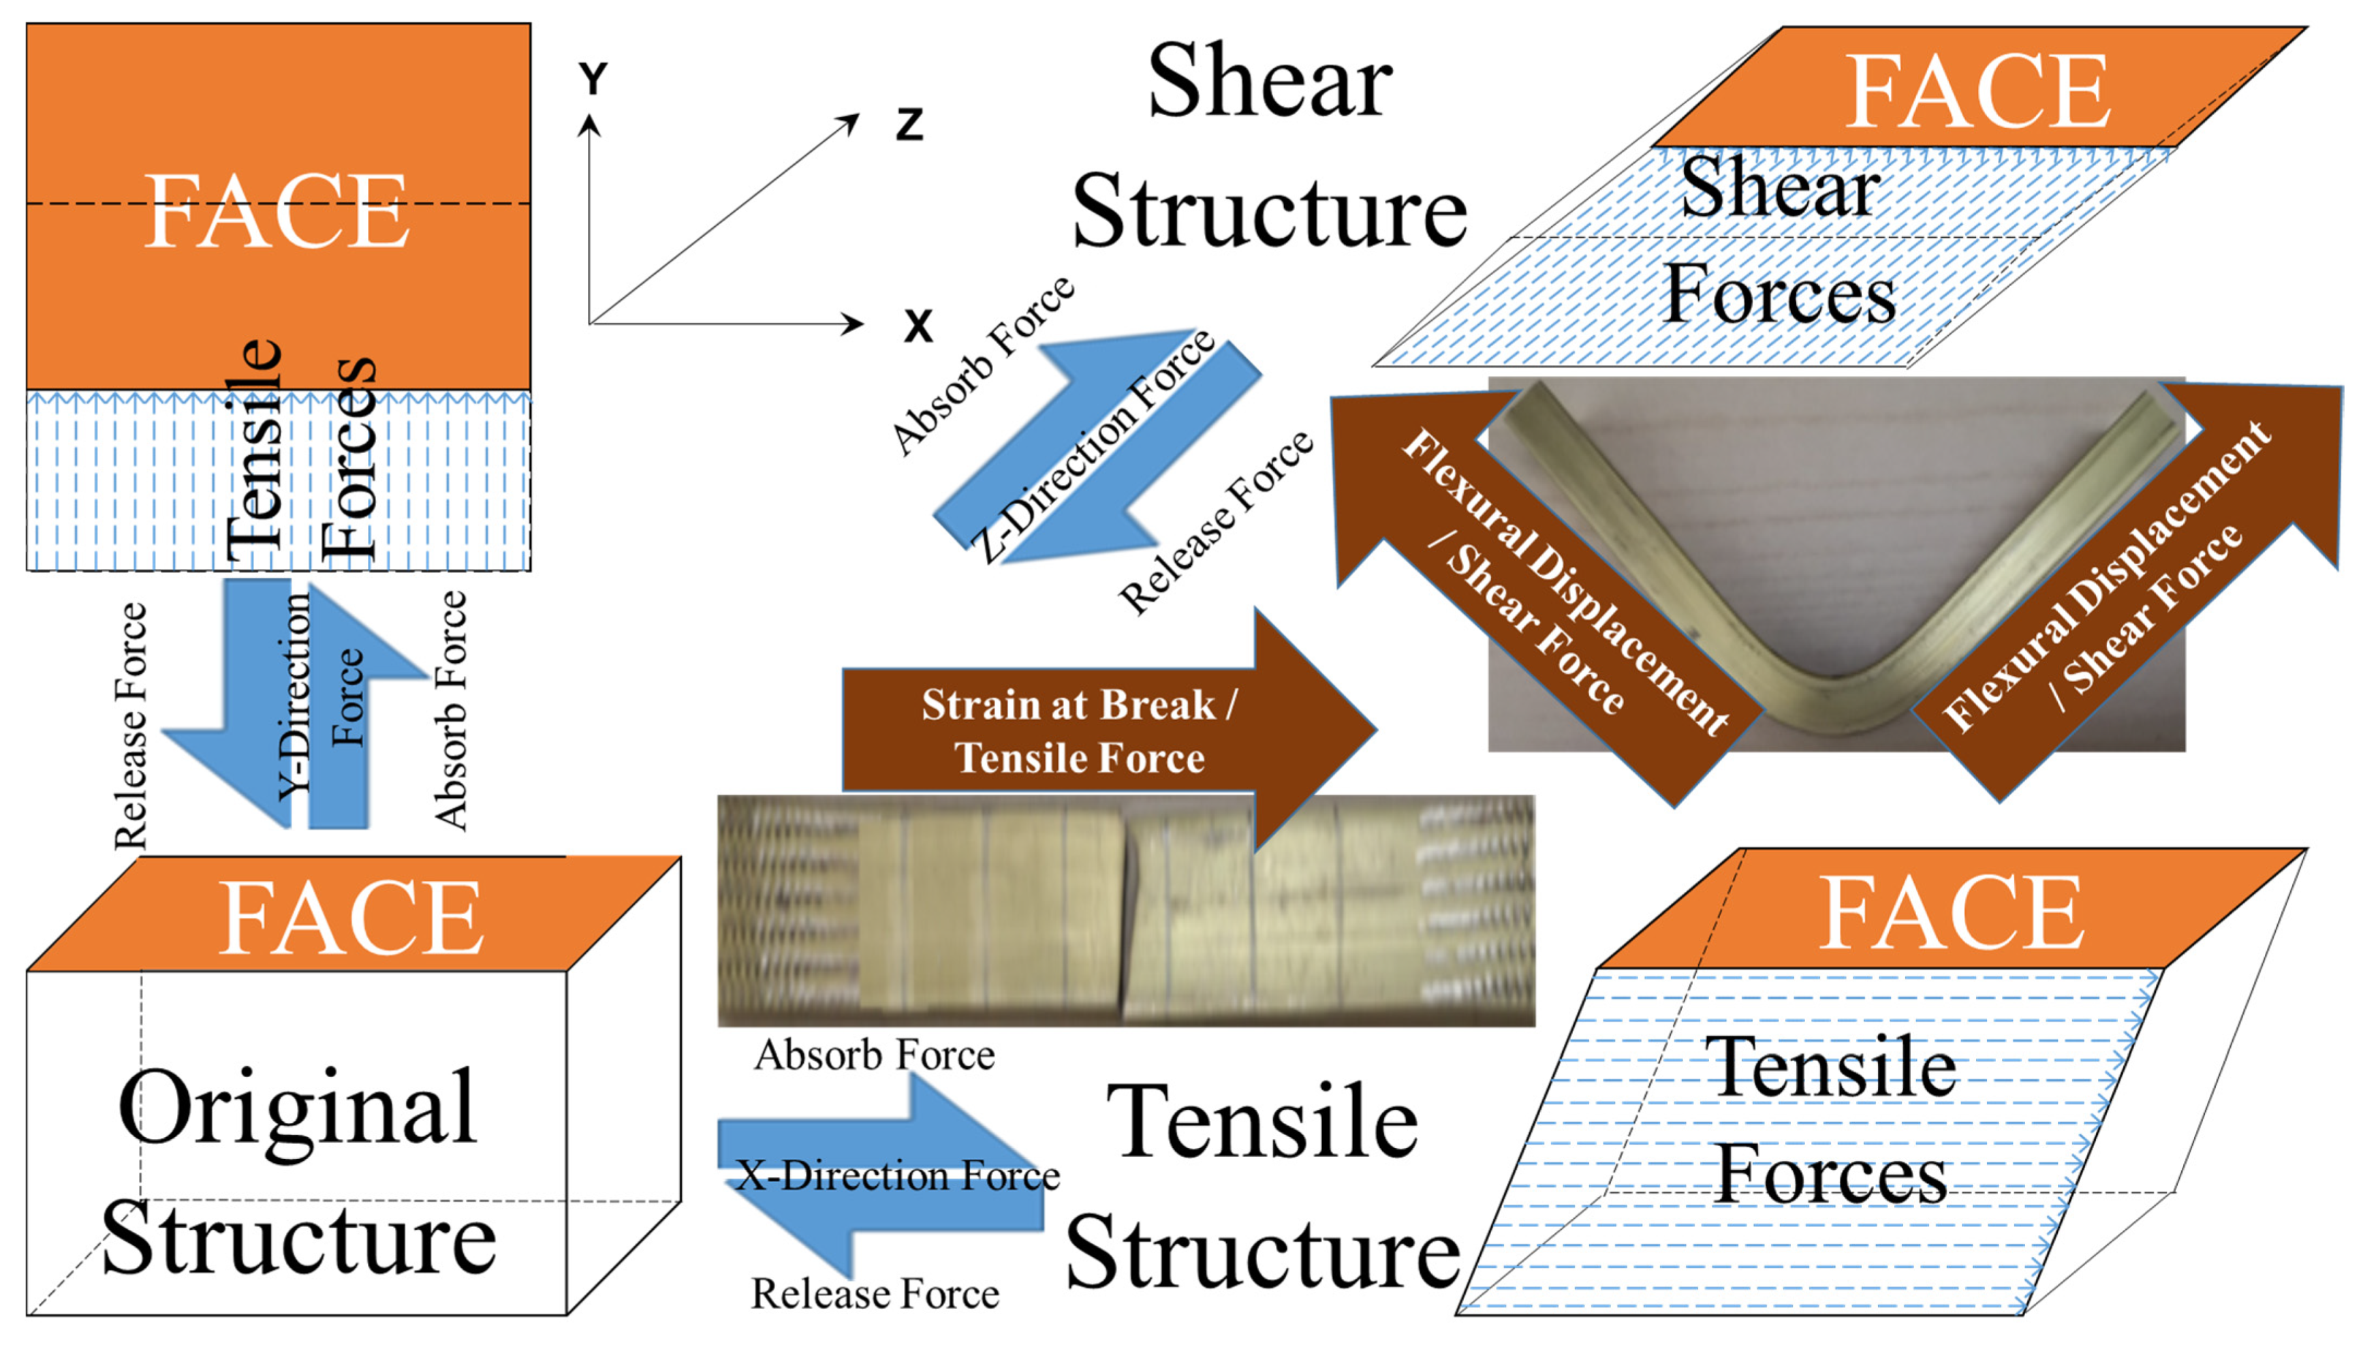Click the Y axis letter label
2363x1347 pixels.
593,80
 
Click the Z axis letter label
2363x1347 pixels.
909,125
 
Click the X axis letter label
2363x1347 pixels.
918,326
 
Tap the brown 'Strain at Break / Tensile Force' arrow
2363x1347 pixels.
1078,731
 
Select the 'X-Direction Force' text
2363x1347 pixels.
897,1176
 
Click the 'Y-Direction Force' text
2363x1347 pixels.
319,698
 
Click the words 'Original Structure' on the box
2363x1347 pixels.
298,1171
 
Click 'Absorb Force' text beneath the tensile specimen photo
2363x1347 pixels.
873,1055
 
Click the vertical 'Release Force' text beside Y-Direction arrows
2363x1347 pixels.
130,726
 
